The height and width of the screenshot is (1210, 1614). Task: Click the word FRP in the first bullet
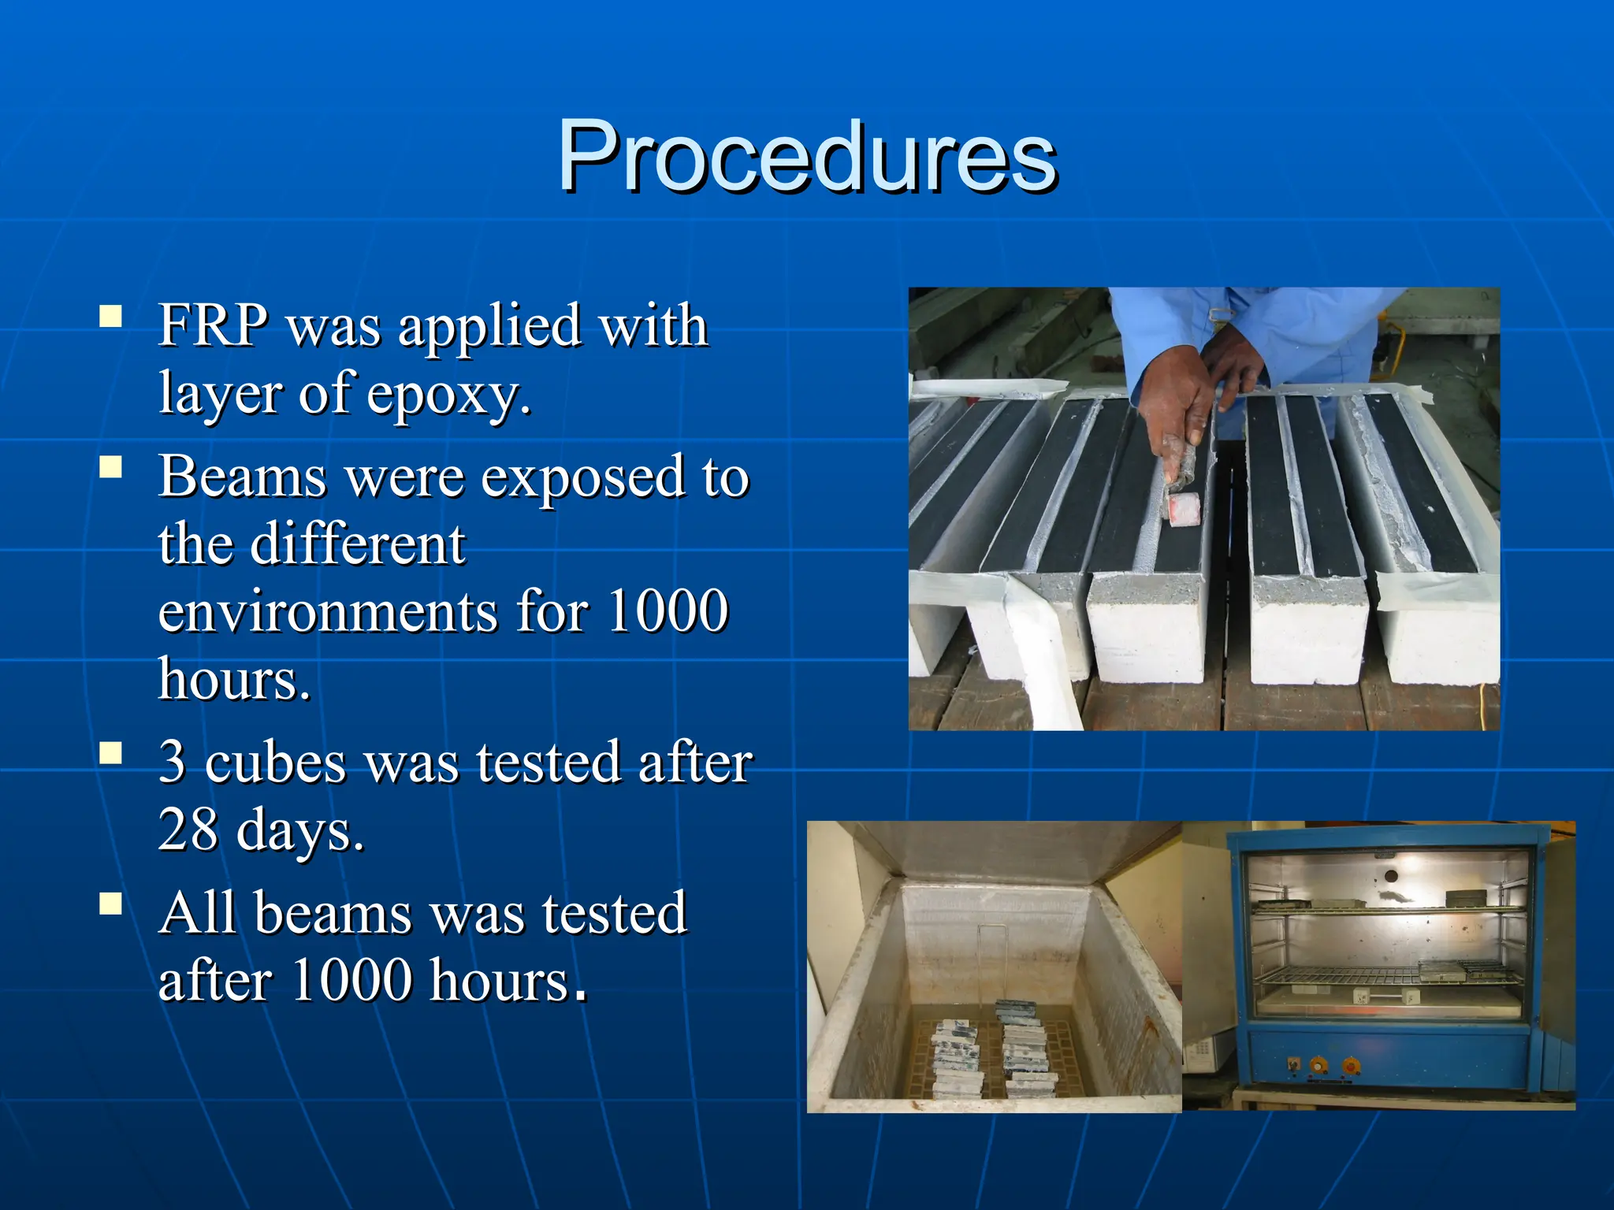(x=213, y=325)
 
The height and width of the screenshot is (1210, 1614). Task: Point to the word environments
(x=328, y=612)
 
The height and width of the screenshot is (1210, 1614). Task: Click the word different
(x=358, y=544)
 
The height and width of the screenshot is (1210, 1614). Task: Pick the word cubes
(x=275, y=763)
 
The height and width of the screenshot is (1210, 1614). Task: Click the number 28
(x=188, y=830)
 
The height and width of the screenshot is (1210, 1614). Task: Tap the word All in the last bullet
(x=197, y=913)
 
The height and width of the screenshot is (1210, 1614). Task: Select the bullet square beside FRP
(x=111, y=317)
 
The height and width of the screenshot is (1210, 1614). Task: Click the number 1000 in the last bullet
(x=351, y=981)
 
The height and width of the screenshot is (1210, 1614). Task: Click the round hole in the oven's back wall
(x=1391, y=876)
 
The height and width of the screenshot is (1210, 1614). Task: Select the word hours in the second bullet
(x=234, y=680)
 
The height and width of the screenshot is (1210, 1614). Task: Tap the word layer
(x=219, y=394)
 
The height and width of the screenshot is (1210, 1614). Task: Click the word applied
(x=488, y=326)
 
